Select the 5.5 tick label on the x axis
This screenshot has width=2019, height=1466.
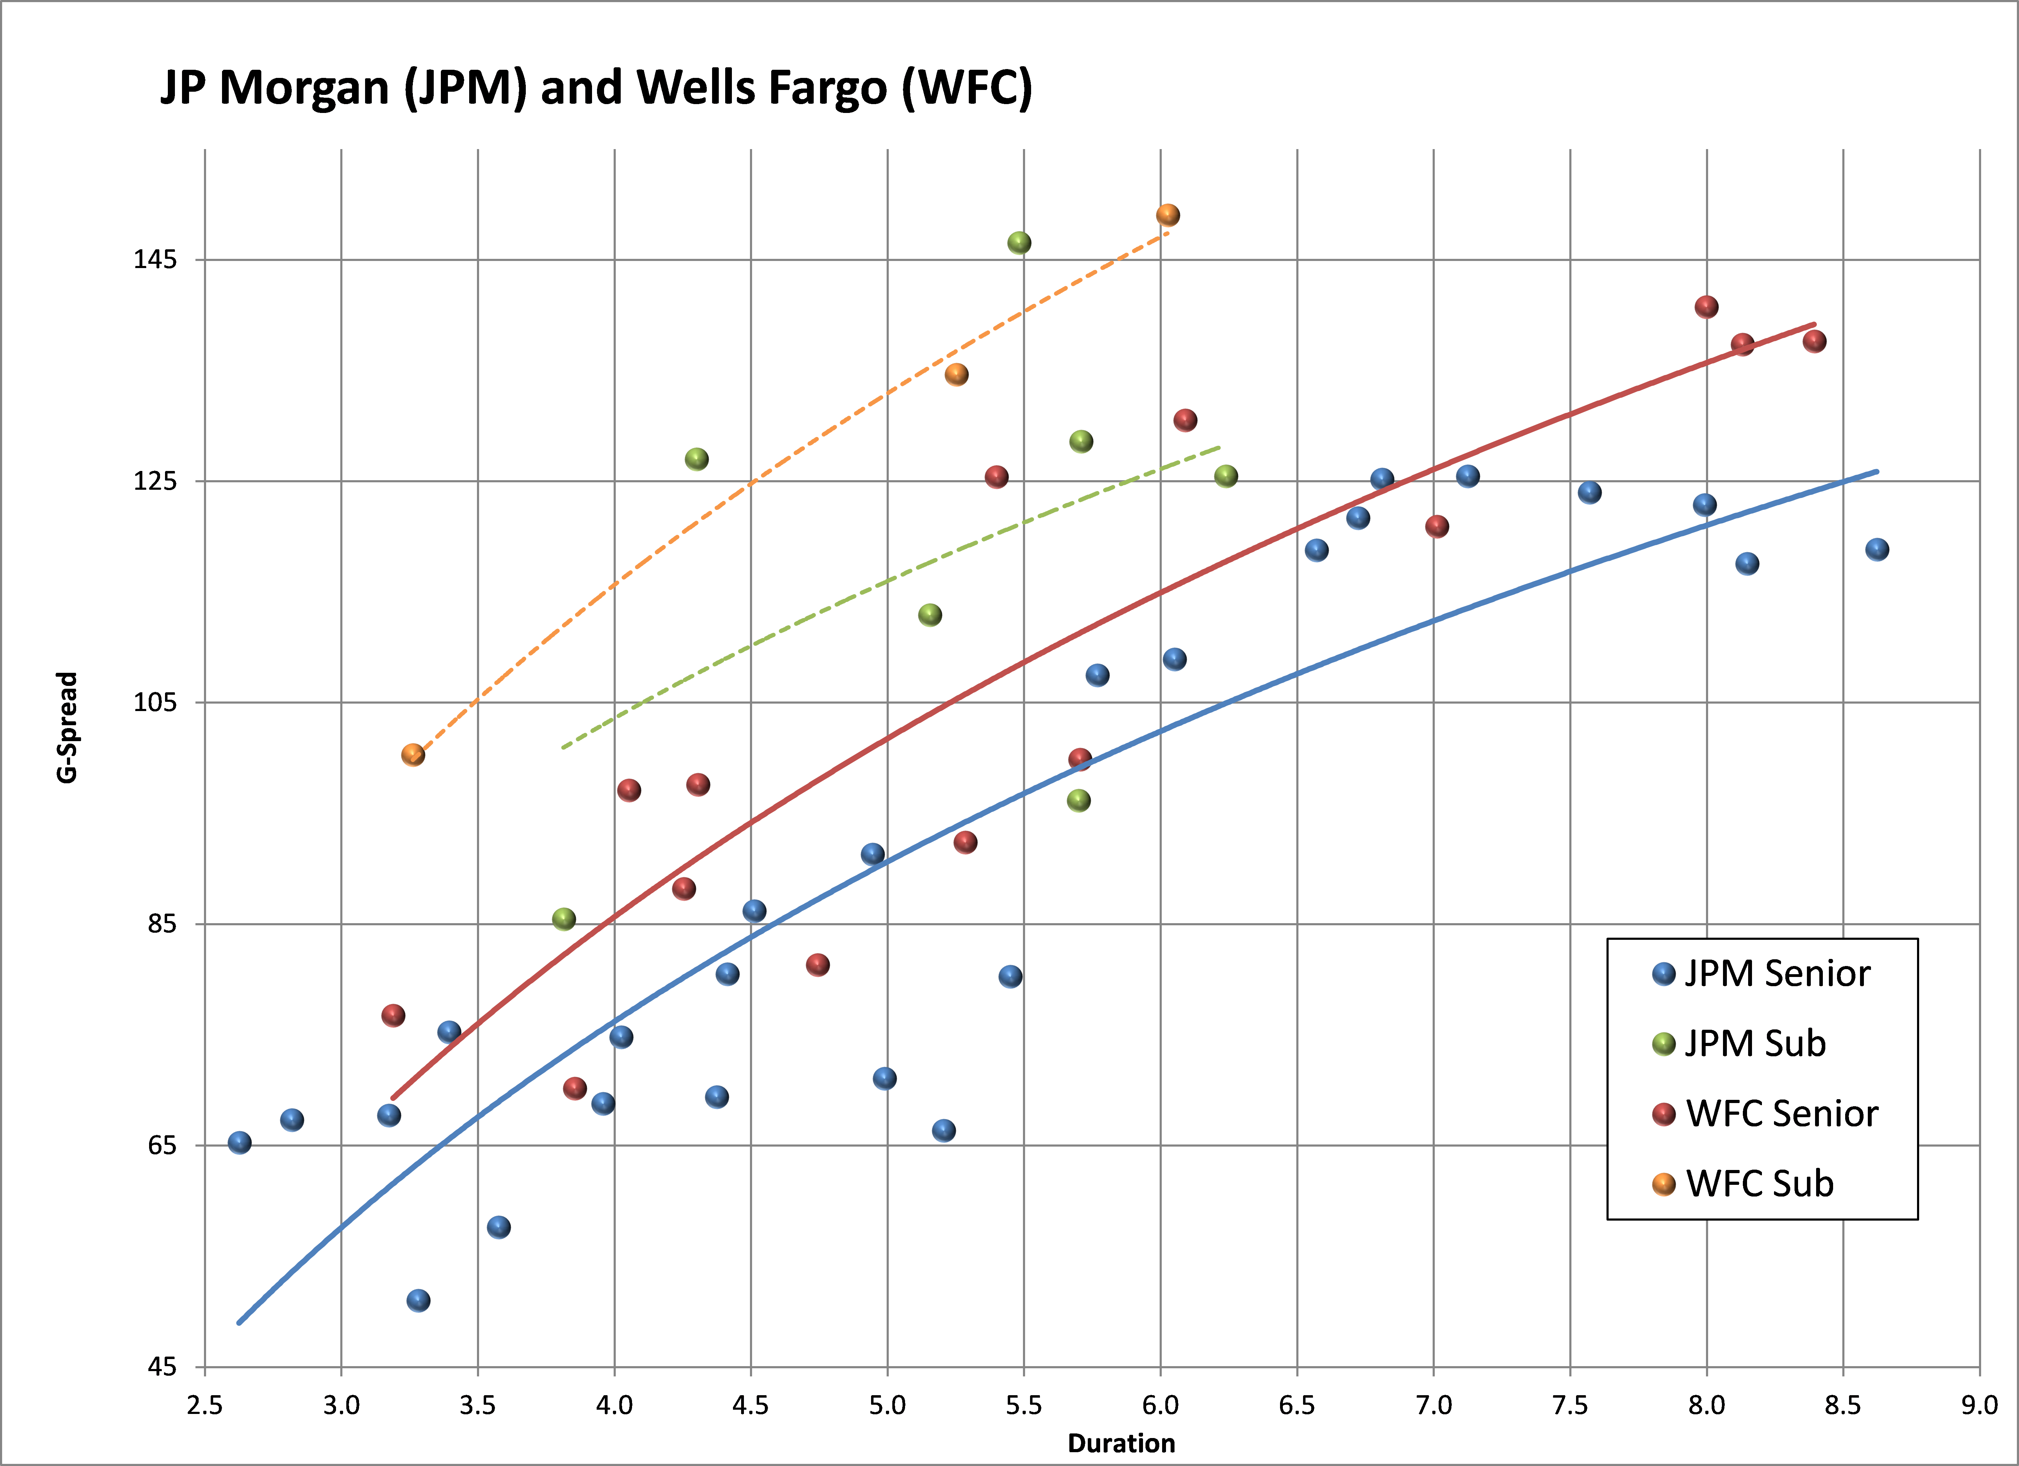coord(1024,1405)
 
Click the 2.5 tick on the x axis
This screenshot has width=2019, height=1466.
coord(205,1405)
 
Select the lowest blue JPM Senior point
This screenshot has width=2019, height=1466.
coord(419,1300)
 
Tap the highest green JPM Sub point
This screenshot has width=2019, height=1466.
coord(1019,243)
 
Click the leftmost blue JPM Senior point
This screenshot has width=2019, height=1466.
coord(239,1142)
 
